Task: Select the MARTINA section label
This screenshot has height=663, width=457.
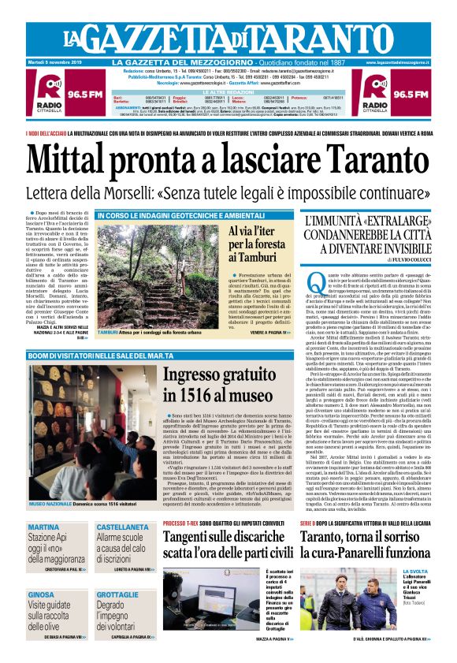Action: (43, 527)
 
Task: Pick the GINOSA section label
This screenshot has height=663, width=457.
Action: (42, 594)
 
